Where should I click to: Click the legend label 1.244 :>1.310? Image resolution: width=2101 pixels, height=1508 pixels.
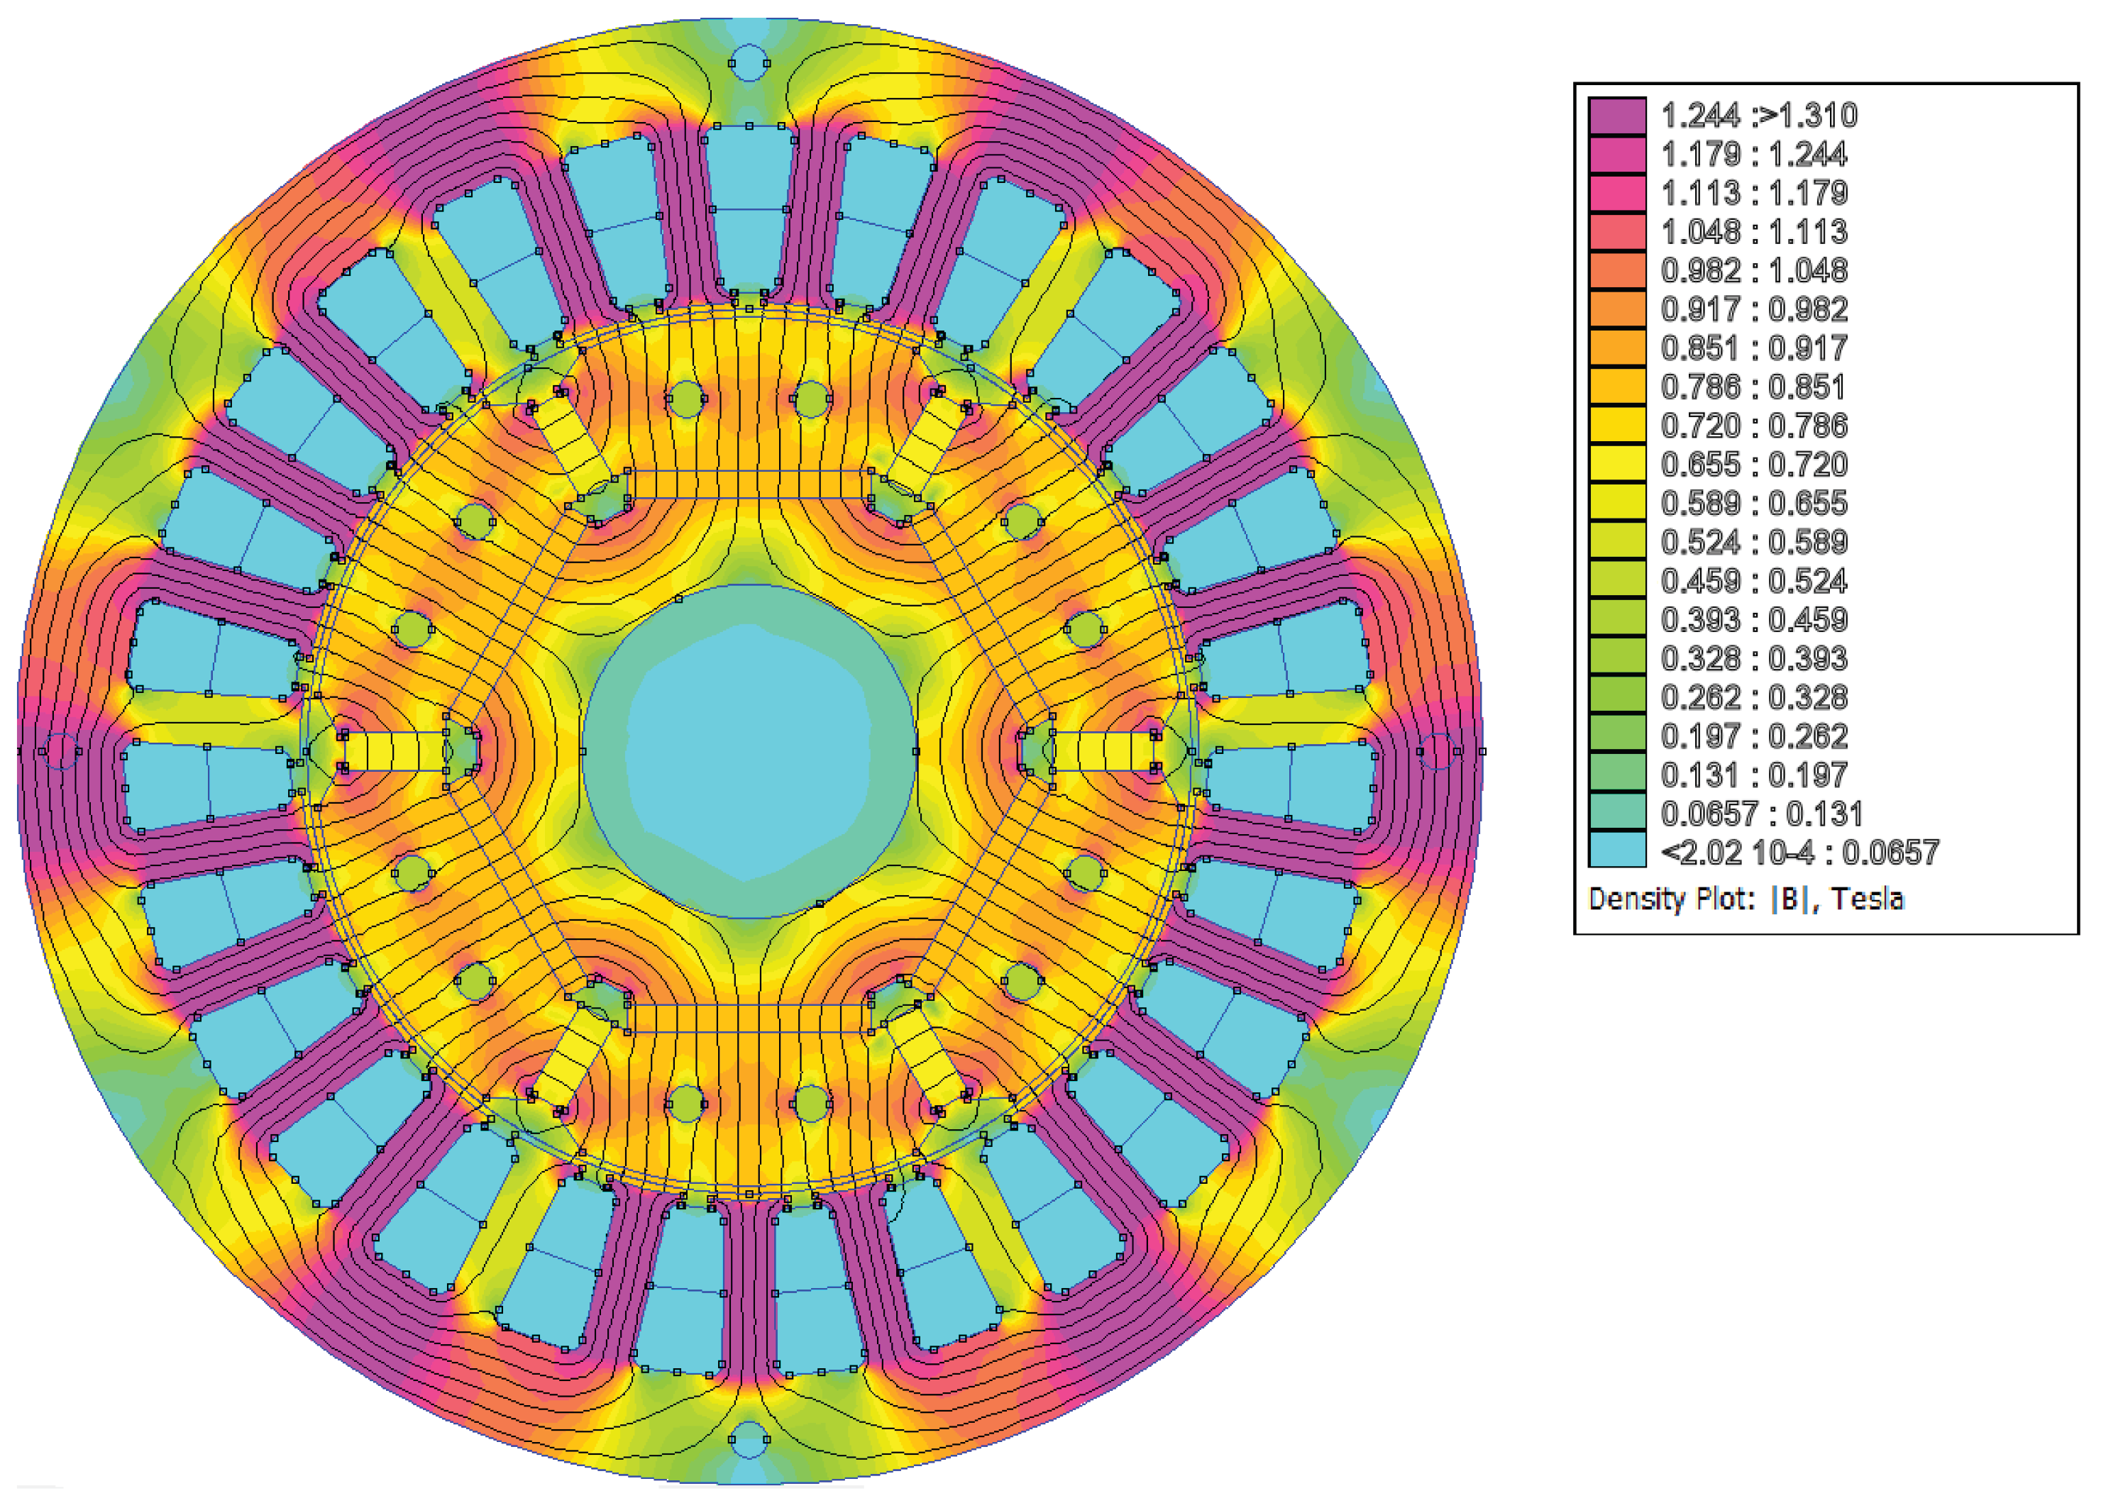1758,116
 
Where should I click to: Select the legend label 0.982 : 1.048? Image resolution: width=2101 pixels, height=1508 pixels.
1753,270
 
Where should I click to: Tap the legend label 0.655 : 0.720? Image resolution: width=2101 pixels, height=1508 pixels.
1753,464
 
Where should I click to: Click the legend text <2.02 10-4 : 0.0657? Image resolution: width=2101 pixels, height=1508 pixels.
1799,852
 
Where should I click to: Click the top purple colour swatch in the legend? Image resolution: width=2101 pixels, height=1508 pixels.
1616,116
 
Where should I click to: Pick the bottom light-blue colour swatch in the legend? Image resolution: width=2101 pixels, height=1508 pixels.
1616,850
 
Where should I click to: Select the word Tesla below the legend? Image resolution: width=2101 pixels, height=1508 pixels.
1867,899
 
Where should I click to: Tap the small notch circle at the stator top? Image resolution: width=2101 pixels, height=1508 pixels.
749,63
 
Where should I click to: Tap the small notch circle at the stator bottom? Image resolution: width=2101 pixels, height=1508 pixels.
749,1441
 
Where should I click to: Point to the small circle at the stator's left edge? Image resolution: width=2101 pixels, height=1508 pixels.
60,751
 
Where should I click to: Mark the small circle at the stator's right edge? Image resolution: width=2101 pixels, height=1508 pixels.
1437,751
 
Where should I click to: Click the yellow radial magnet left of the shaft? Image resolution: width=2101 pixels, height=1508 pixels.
394,751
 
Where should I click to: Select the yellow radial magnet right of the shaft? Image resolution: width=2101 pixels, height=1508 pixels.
1103,751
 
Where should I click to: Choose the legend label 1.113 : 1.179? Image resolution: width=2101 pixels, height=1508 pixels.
1753,193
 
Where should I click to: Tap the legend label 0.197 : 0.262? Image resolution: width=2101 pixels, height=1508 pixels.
1753,736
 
